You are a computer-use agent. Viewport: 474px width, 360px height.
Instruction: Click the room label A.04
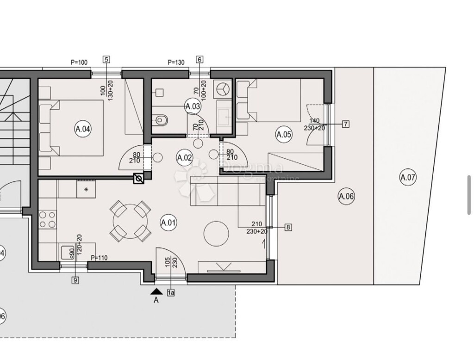point(82,129)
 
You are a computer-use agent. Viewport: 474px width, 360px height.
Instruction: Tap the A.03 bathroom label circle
point(193,106)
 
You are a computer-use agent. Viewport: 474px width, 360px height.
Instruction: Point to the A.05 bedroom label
point(283,135)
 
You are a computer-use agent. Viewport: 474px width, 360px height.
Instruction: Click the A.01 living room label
point(168,223)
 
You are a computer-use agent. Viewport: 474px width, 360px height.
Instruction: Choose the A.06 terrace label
point(346,197)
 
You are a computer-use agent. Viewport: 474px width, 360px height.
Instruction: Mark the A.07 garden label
point(408,177)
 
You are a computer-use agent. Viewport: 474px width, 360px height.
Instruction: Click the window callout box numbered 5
point(106,59)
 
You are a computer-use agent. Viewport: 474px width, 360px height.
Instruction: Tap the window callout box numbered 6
point(200,59)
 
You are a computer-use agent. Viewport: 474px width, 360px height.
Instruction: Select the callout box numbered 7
point(345,124)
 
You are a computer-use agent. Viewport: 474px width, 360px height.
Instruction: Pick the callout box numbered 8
point(288,227)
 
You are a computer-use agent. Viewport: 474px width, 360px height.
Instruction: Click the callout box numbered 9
point(75,279)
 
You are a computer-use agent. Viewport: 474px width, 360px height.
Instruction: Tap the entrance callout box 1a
point(171,292)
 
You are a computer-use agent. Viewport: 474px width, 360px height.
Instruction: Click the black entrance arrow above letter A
point(156,291)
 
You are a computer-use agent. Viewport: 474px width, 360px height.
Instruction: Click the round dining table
point(130,221)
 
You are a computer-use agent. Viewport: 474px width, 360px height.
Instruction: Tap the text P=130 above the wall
point(176,62)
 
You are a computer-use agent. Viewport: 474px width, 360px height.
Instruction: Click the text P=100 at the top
point(79,62)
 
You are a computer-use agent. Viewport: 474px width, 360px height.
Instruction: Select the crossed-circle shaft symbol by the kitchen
point(138,179)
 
